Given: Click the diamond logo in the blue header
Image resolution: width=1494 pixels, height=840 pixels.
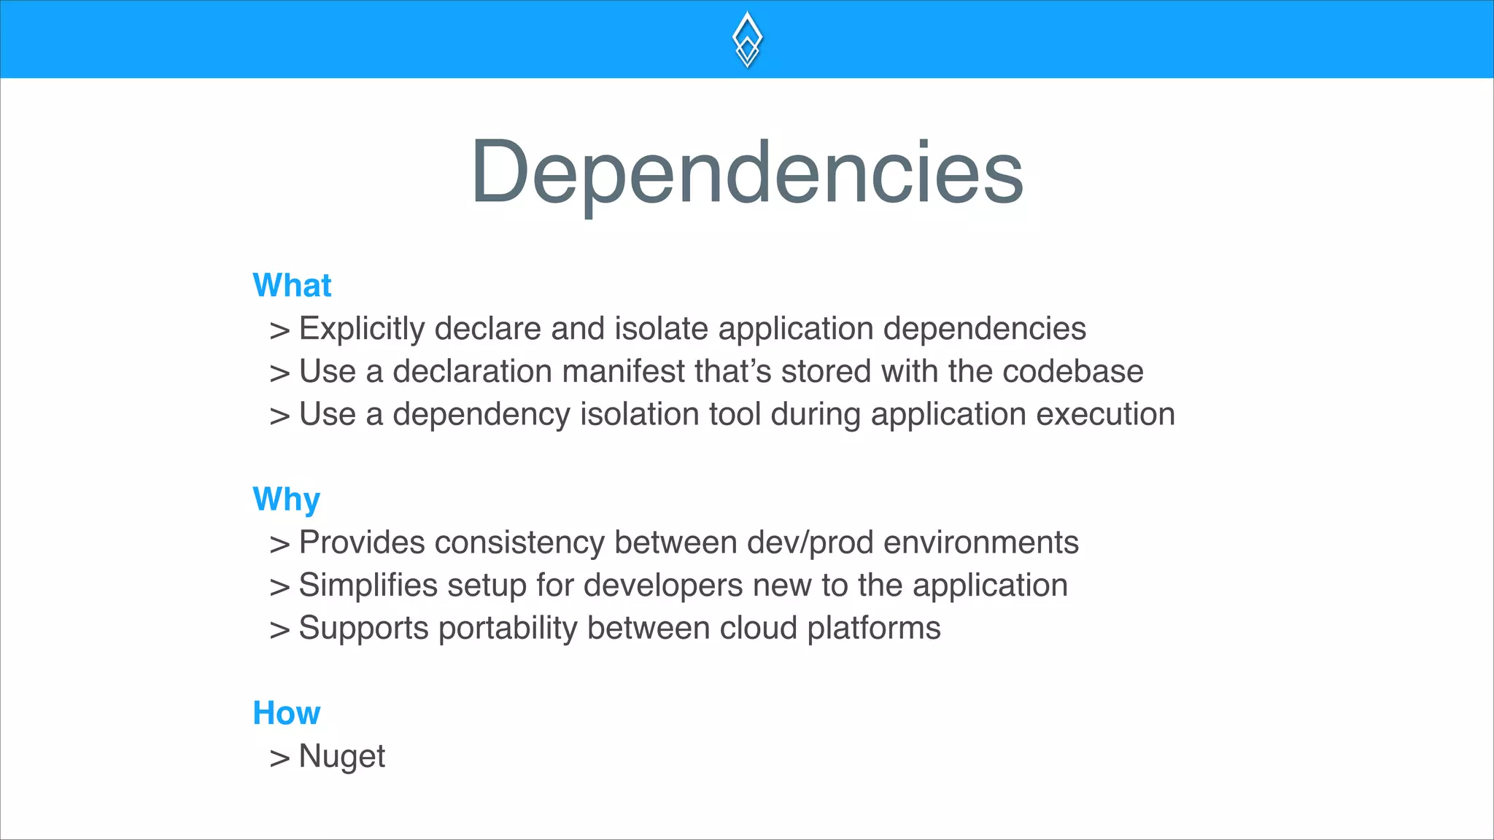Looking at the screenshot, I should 747,39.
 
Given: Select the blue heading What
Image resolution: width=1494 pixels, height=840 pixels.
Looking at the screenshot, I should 292,285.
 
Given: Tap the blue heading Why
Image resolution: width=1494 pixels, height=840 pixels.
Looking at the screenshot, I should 286,500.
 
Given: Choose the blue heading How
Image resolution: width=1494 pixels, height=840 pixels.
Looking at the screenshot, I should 286,713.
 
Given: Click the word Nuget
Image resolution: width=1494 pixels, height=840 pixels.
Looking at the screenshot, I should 341,756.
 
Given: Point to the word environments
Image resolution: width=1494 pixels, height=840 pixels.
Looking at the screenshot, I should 980,543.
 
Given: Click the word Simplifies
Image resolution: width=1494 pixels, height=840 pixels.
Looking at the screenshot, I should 368,586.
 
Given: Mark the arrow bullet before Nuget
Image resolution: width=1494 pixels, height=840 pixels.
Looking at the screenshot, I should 279,758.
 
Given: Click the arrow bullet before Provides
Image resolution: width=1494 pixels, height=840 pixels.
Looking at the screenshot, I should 279,545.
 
